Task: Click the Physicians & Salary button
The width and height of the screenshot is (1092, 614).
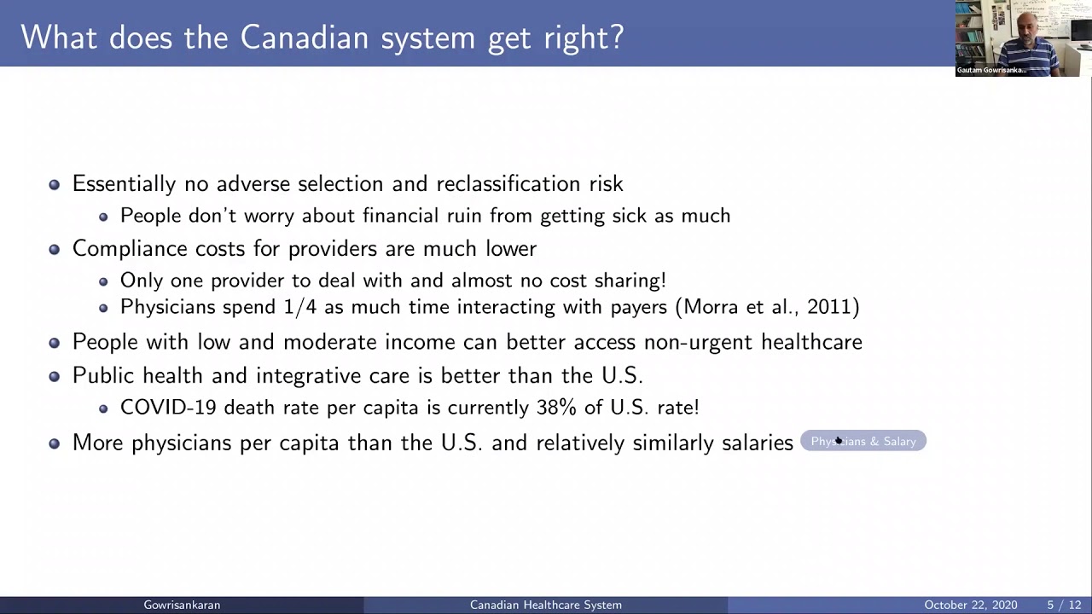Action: point(863,441)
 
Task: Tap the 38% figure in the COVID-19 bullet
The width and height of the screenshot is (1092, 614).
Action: point(556,408)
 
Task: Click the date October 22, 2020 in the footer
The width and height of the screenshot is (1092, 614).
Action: point(970,605)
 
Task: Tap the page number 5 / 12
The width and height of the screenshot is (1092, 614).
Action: point(1064,605)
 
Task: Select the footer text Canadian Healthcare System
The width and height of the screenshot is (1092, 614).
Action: point(545,605)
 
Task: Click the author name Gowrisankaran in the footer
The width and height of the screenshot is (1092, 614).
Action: point(182,605)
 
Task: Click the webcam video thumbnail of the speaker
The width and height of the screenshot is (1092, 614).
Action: point(1023,38)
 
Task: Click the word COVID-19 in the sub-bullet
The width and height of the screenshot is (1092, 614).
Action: point(168,408)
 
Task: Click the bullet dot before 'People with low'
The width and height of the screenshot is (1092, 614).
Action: point(55,343)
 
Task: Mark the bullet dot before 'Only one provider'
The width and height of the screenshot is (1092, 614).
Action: point(103,281)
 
